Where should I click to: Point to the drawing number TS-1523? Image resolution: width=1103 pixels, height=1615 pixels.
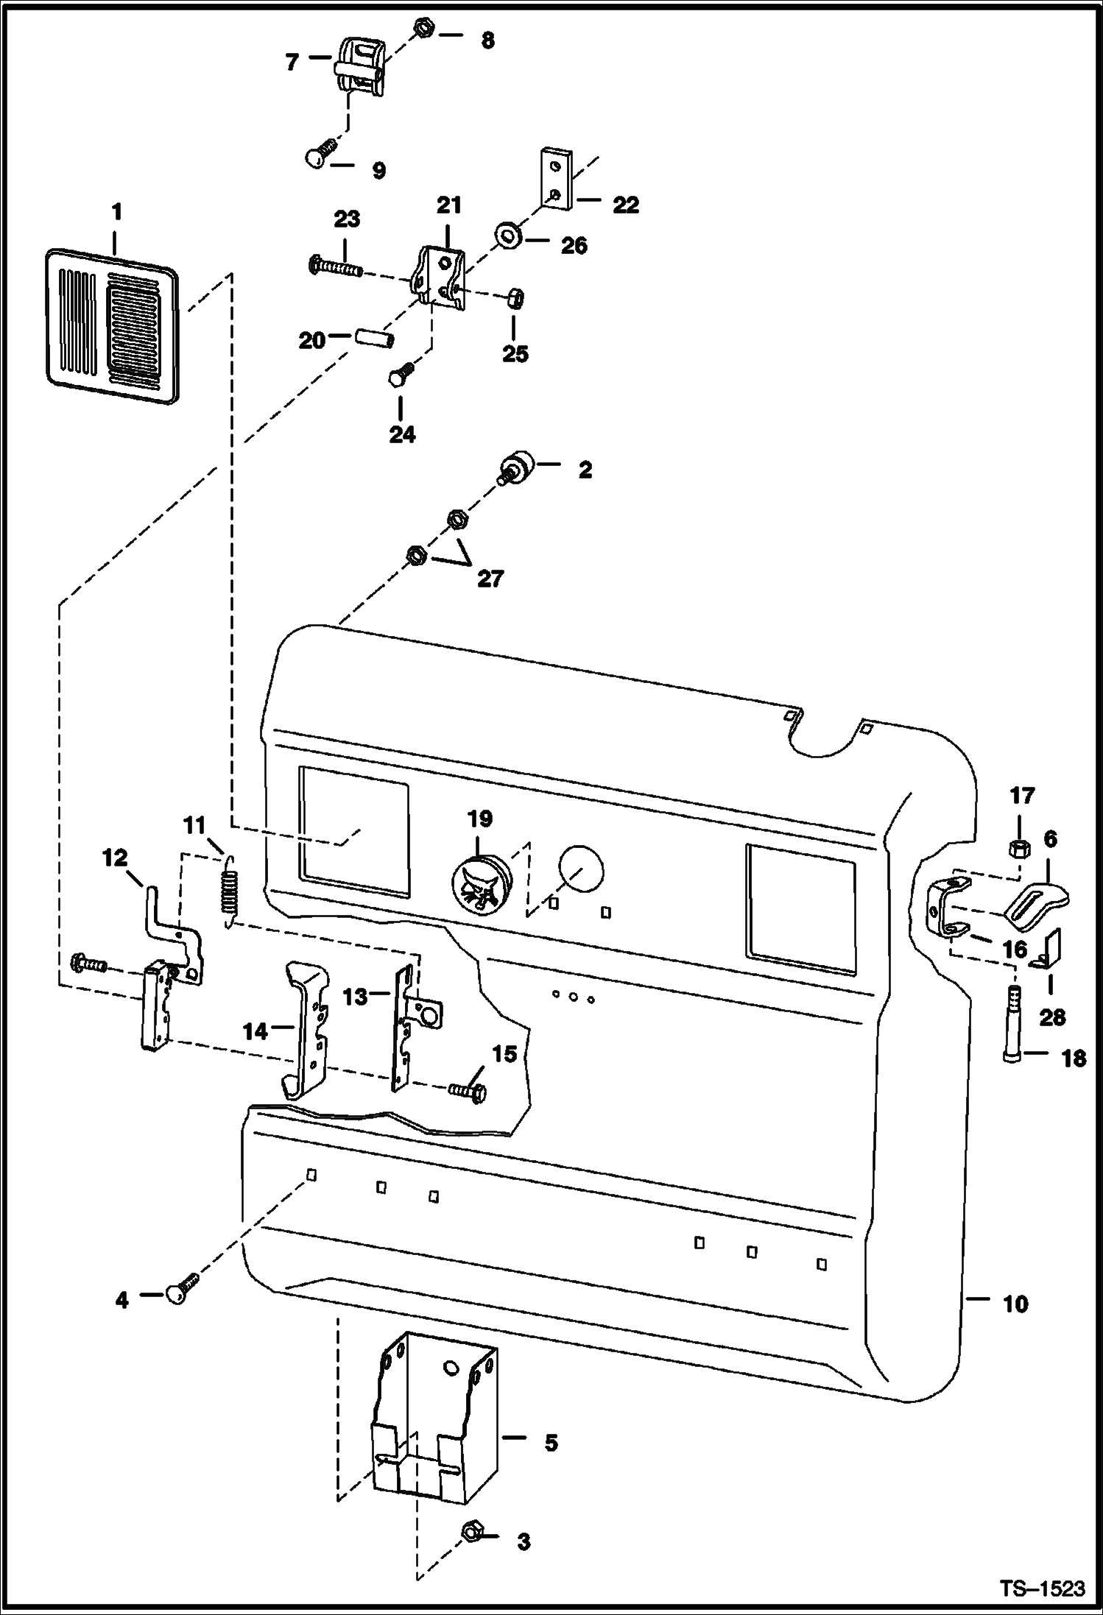click(x=1043, y=1589)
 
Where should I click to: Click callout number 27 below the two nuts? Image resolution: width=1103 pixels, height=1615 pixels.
click(x=490, y=579)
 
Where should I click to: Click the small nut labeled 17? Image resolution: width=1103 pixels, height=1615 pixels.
click(x=1020, y=848)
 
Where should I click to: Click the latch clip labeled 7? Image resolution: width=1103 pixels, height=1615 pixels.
click(x=360, y=68)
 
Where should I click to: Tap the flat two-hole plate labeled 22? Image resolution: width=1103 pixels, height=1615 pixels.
click(x=556, y=180)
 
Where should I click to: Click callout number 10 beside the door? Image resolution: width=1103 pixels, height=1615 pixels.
click(x=1015, y=1304)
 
